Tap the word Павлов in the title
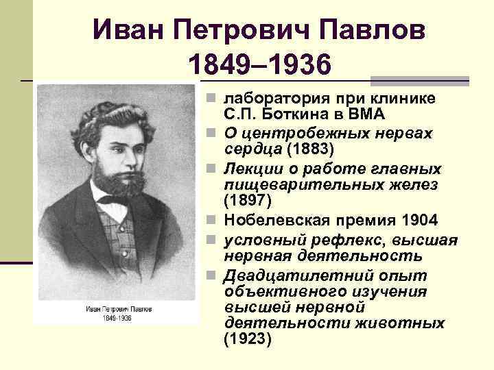point(380,30)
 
